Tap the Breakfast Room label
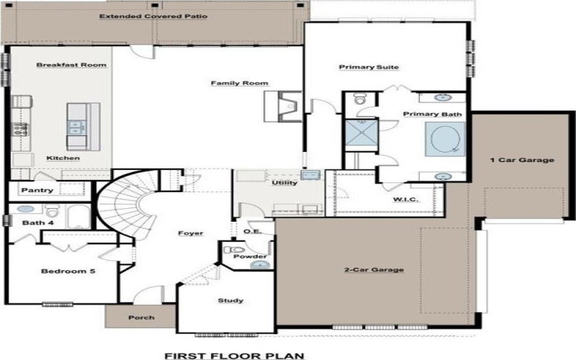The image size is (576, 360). point(71,65)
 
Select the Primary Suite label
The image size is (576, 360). point(369,67)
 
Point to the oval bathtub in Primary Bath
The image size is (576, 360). point(441,138)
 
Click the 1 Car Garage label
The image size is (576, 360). point(522,160)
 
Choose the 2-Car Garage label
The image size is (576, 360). point(372,270)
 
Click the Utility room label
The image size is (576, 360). point(284,183)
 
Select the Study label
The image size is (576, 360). point(230,300)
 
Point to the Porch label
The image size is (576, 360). point(141,318)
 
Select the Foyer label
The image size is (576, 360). point(190,233)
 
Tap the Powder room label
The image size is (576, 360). point(256,256)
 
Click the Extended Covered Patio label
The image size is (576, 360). point(154,16)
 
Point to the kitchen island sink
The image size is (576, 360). point(75,127)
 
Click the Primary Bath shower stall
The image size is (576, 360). point(358,135)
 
